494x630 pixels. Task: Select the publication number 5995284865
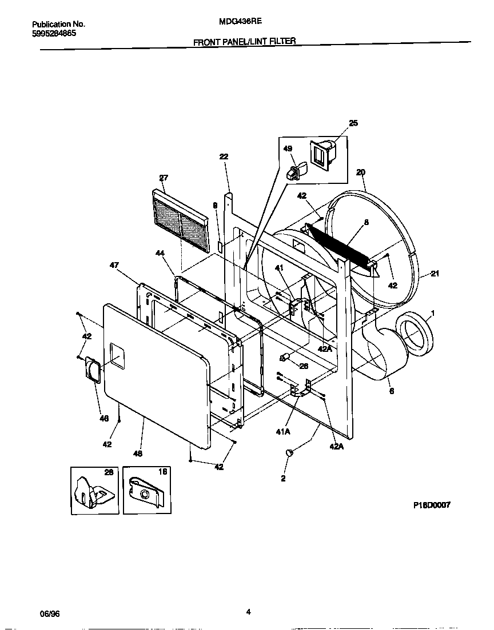(x=54, y=33)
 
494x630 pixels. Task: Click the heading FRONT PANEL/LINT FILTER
(x=244, y=42)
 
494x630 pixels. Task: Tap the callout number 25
(x=353, y=123)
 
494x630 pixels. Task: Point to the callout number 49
(x=288, y=149)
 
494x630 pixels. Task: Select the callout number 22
(x=224, y=157)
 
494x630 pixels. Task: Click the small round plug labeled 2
(x=288, y=453)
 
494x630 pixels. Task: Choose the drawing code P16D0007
(x=431, y=505)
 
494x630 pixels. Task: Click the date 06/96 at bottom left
(x=50, y=614)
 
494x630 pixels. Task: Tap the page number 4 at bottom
(x=248, y=612)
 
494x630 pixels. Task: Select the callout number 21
(x=435, y=274)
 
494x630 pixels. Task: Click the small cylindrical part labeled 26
(x=284, y=359)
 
